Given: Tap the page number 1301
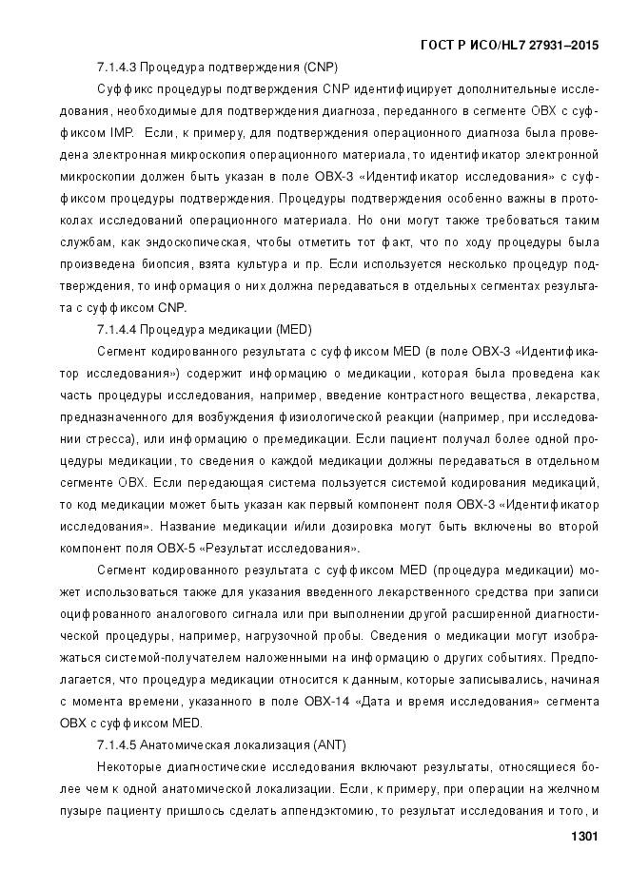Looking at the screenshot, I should (x=582, y=837).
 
